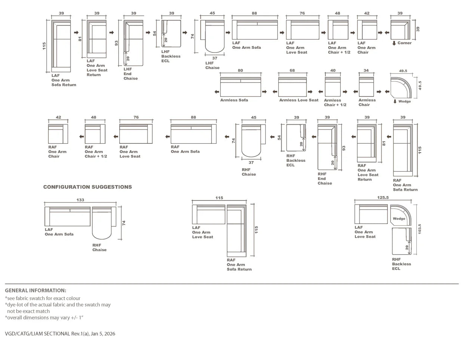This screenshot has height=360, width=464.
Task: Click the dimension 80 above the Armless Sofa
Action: click(x=240, y=70)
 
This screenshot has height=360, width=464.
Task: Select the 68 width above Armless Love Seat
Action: click(x=292, y=70)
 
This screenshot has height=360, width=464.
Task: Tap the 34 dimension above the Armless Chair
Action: click(x=366, y=70)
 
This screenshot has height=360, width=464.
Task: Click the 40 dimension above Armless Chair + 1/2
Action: click(x=333, y=70)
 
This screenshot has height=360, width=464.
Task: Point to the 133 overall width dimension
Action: click(x=80, y=200)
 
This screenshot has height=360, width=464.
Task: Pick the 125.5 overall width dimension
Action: click(x=383, y=197)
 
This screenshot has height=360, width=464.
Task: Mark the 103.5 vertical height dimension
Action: click(x=420, y=229)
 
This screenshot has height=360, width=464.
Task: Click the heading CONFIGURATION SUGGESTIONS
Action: click(x=87, y=187)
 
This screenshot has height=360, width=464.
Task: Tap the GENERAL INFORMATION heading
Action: click(x=35, y=290)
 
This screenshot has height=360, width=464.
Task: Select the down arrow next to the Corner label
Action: click(x=394, y=43)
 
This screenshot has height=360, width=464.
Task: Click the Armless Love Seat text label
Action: click(x=299, y=100)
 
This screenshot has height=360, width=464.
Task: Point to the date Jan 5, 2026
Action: click(x=103, y=333)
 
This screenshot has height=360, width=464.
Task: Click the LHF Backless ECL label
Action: click(x=171, y=56)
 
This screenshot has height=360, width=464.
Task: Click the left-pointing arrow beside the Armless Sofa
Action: click(x=217, y=92)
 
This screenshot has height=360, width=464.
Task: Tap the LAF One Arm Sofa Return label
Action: click(x=64, y=80)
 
